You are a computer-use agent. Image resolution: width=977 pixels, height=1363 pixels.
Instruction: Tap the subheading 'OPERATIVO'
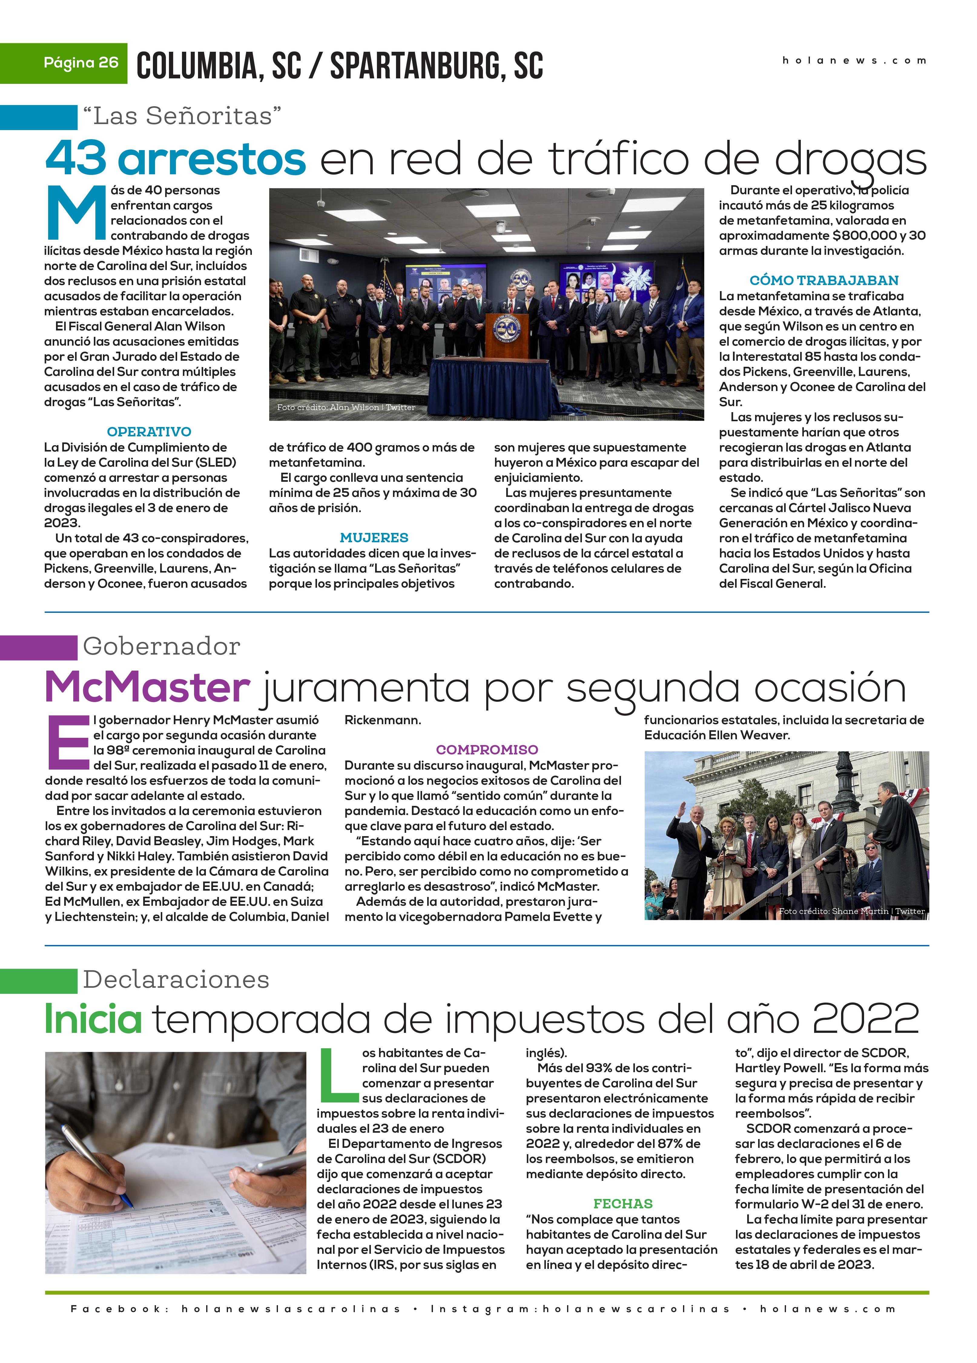tap(149, 432)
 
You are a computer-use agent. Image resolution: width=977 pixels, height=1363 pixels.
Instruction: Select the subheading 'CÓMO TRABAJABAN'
tap(824, 280)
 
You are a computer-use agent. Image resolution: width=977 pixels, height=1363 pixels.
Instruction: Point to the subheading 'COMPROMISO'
tap(487, 749)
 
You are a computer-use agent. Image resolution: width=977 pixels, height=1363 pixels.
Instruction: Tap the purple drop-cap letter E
tap(68, 742)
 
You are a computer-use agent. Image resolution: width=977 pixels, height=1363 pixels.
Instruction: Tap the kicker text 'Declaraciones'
tap(176, 980)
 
